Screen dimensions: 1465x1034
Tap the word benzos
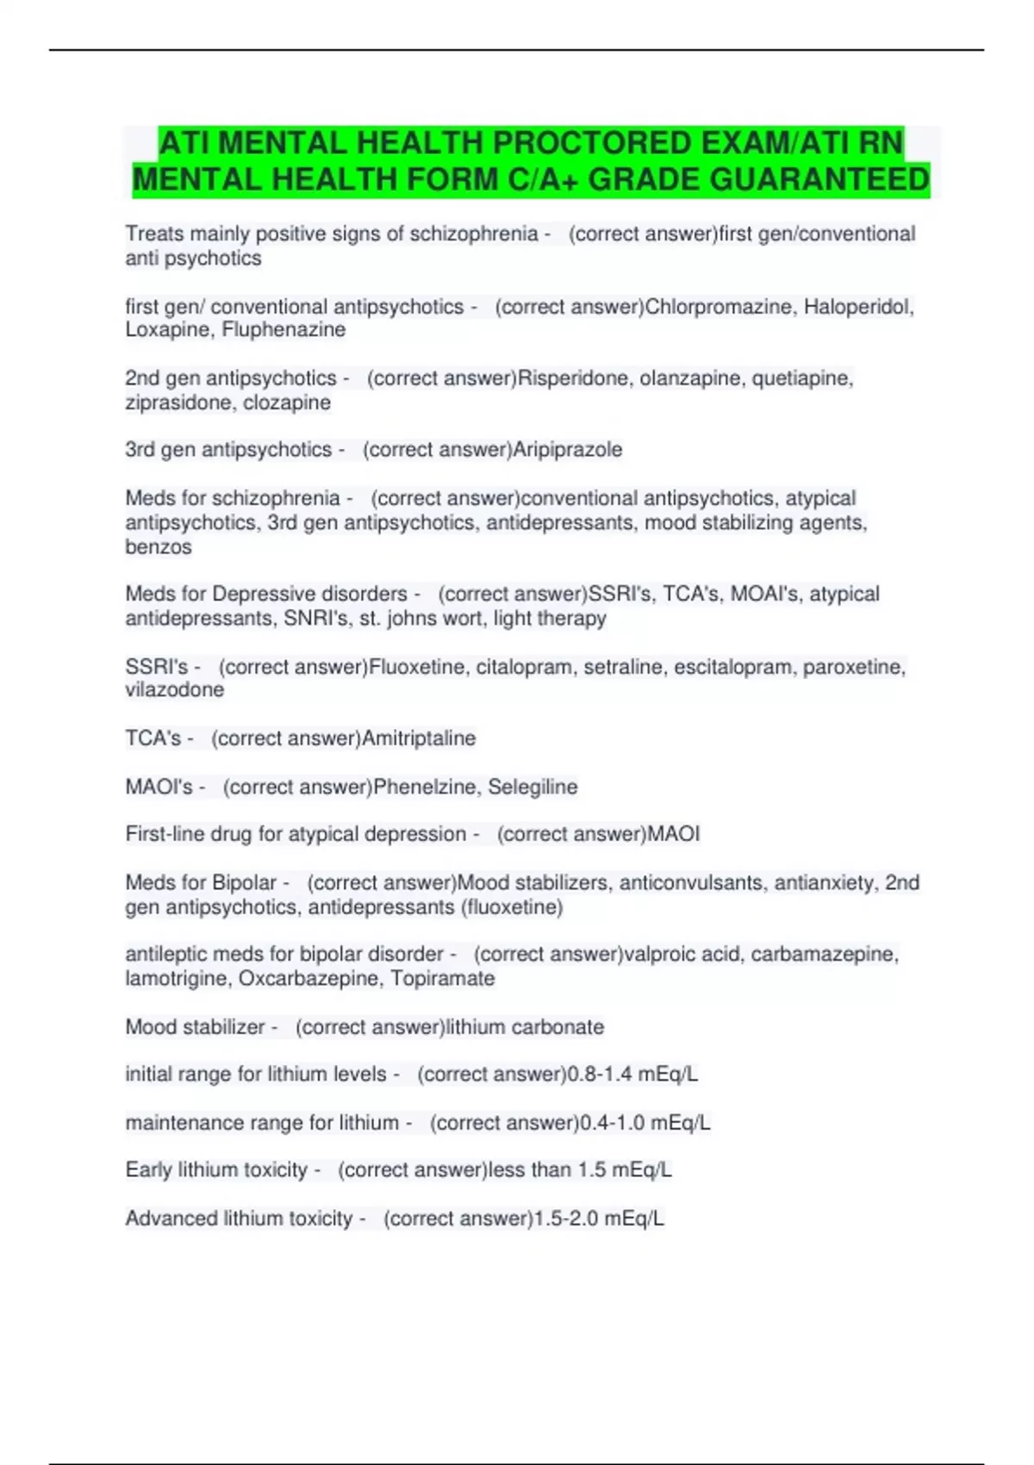point(159,547)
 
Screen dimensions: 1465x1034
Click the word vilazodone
point(175,690)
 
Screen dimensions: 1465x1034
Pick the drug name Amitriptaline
point(419,739)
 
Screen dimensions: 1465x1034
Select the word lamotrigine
point(175,979)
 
